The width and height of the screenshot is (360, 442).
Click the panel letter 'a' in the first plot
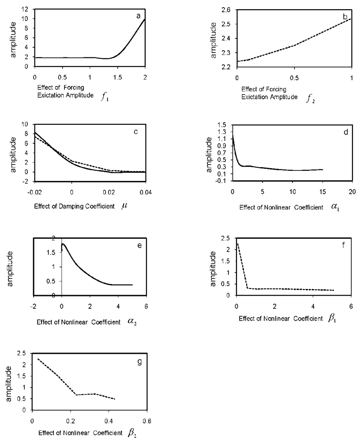138,16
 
